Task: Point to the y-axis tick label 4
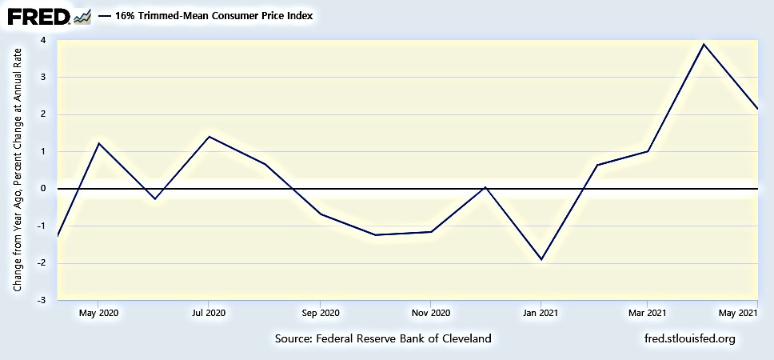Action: pyautogui.click(x=42, y=40)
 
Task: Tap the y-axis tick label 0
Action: pyautogui.click(x=42, y=189)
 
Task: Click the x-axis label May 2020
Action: pyautogui.click(x=98, y=313)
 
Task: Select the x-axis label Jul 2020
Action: pyautogui.click(x=209, y=313)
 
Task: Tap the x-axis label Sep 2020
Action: pyautogui.click(x=320, y=313)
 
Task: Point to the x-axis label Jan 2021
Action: pyautogui.click(x=541, y=313)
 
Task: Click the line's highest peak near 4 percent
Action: pyautogui.click(x=703, y=44)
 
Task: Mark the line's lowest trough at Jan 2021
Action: pyautogui.click(x=541, y=259)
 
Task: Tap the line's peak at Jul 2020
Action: pyautogui.click(x=209, y=136)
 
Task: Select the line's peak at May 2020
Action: pyautogui.click(x=98, y=143)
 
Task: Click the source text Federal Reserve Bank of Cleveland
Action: pyautogui.click(x=383, y=338)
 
